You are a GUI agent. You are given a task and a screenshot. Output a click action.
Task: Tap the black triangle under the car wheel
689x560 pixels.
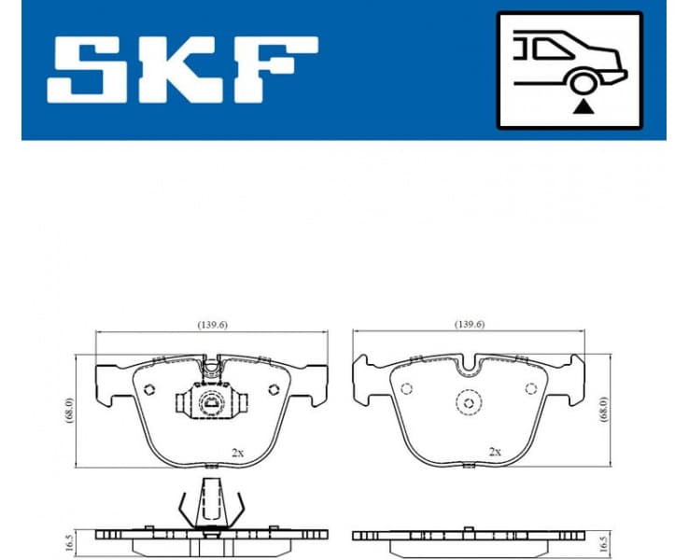click(584, 106)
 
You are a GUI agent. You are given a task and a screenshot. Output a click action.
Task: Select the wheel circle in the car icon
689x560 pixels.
click(584, 82)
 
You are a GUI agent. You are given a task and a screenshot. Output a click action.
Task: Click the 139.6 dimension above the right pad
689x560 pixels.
click(469, 325)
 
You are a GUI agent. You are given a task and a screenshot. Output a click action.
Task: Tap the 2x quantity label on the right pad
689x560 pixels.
click(494, 452)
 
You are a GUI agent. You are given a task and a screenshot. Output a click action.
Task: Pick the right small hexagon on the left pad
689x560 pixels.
click(274, 390)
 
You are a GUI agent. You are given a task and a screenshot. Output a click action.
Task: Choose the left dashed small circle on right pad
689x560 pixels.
click(406, 389)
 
